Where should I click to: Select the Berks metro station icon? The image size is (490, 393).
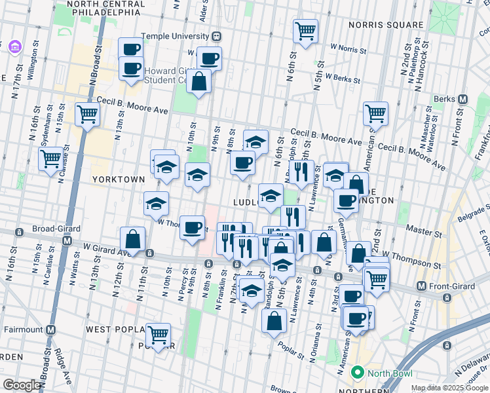click(x=463, y=100)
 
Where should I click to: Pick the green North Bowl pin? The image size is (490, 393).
click(x=358, y=373)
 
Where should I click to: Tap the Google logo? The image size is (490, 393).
click(x=22, y=386)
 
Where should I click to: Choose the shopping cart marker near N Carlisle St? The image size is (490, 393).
click(x=50, y=158)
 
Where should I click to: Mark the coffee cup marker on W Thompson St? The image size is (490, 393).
click(x=192, y=228)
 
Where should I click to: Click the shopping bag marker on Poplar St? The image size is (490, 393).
click(x=274, y=320)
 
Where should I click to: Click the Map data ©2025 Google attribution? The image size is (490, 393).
click(x=449, y=388)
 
